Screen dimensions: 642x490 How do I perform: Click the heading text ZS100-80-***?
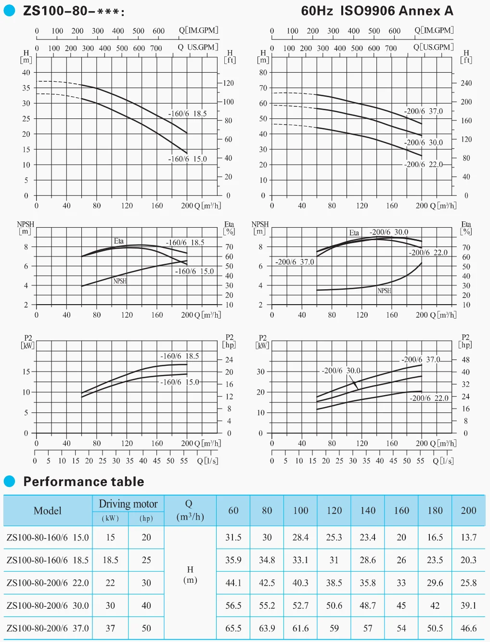point(73,11)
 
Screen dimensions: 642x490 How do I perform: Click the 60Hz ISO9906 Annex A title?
point(377,11)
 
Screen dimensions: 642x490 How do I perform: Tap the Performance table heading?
point(84,482)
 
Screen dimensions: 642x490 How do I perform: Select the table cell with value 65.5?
point(233,629)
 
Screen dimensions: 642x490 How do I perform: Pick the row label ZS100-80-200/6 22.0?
point(48,583)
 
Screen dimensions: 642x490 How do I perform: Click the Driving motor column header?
point(128,504)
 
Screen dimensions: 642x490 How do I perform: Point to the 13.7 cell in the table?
point(468,538)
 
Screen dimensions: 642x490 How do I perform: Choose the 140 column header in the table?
point(368,511)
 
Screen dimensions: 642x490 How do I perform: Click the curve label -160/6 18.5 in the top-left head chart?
point(187,114)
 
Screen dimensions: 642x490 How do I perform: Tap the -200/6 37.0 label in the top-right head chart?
point(423,111)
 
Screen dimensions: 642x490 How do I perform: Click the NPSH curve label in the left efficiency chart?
point(120,281)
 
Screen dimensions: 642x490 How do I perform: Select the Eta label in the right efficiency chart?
point(354,233)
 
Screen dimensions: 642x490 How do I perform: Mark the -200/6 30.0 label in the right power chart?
point(341,371)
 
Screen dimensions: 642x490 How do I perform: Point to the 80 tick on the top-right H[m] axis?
point(263,73)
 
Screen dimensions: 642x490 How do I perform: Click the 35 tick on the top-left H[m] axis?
point(26,88)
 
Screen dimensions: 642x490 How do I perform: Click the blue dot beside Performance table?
point(10,481)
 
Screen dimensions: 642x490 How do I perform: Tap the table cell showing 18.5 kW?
point(110,560)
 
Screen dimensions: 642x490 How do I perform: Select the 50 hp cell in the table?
point(146,629)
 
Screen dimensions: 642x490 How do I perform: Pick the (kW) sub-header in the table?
point(110,518)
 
